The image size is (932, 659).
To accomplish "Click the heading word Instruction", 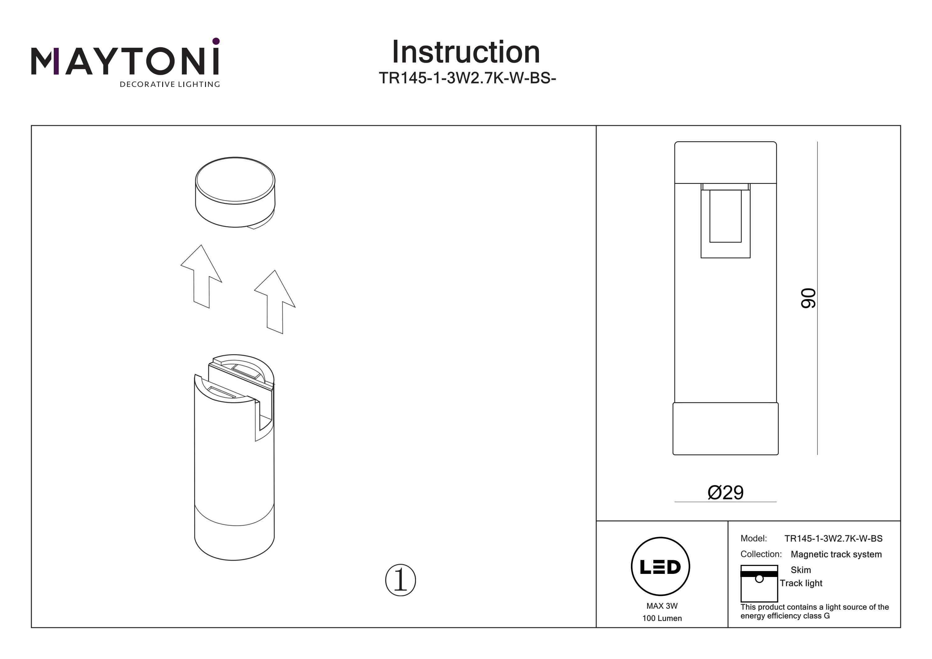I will click(x=466, y=53).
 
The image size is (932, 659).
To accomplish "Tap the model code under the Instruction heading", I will click(x=467, y=78).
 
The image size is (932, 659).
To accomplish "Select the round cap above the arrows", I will click(x=235, y=192).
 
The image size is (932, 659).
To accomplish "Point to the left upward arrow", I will click(x=201, y=277).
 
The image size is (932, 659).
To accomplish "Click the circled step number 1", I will click(x=400, y=580).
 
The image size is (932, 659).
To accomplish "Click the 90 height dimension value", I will click(x=808, y=298).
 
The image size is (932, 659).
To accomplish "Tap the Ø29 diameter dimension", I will click(x=725, y=492).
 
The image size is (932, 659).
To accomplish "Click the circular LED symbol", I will click(x=660, y=566).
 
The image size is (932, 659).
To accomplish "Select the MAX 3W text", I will click(x=662, y=606).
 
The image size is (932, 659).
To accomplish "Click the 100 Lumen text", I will click(x=662, y=618).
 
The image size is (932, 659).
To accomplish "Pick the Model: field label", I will click(x=753, y=538).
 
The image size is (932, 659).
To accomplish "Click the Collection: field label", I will click(x=761, y=554).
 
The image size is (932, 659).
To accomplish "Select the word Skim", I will click(x=801, y=570).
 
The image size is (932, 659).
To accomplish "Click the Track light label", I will click(x=801, y=583).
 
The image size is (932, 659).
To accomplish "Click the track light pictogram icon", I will click(x=759, y=583).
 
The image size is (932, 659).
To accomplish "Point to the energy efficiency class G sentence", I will click(x=814, y=611).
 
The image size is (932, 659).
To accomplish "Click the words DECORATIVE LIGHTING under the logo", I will click(x=170, y=85).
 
